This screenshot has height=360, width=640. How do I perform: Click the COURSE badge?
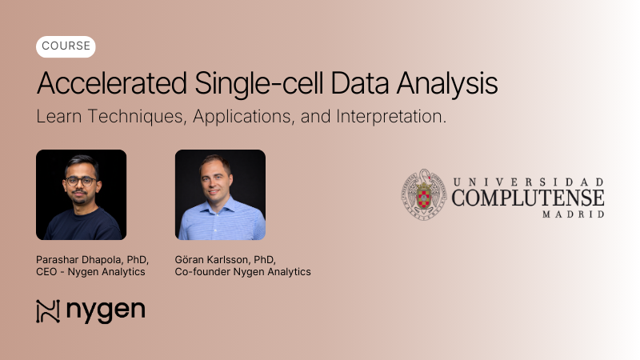coord(66,46)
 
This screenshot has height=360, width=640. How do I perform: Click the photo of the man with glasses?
coord(81,194)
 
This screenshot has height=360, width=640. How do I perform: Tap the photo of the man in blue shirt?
coord(220,194)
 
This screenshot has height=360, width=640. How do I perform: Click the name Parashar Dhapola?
coord(78,259)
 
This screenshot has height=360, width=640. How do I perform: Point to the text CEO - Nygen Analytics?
coord(90,272)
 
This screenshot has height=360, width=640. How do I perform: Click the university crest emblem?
coord(423,194)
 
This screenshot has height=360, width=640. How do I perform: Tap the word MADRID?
coord(574,214)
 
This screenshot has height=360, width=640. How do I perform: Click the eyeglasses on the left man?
coord(80,181)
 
